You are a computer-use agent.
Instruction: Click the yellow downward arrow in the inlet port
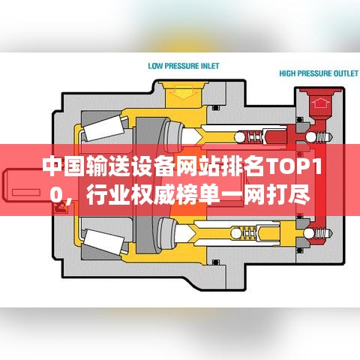pyautogui.click(x=184, y=92)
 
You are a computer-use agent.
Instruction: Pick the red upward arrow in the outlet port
pyautogui.click(x=320, y=103)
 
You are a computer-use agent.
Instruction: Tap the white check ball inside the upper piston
pyautogui.click(x=240, y=137)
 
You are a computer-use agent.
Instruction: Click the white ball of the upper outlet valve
pyautogui.click(x=310, y=137)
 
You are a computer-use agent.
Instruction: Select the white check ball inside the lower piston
pyautogui.click(x=236, y=233)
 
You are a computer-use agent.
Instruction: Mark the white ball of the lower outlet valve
pyautogui.click(x=309, y=233)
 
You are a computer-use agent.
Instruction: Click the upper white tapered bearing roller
pyautogui.click(x=104, y=129)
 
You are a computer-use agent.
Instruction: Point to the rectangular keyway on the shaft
pyautogui.click(x=26, y=192)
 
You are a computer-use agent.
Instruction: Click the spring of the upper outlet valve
pyautogui.click(x=322, y=137)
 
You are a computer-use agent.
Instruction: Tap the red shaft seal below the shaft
pyautogui.click(x=61, y=207)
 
